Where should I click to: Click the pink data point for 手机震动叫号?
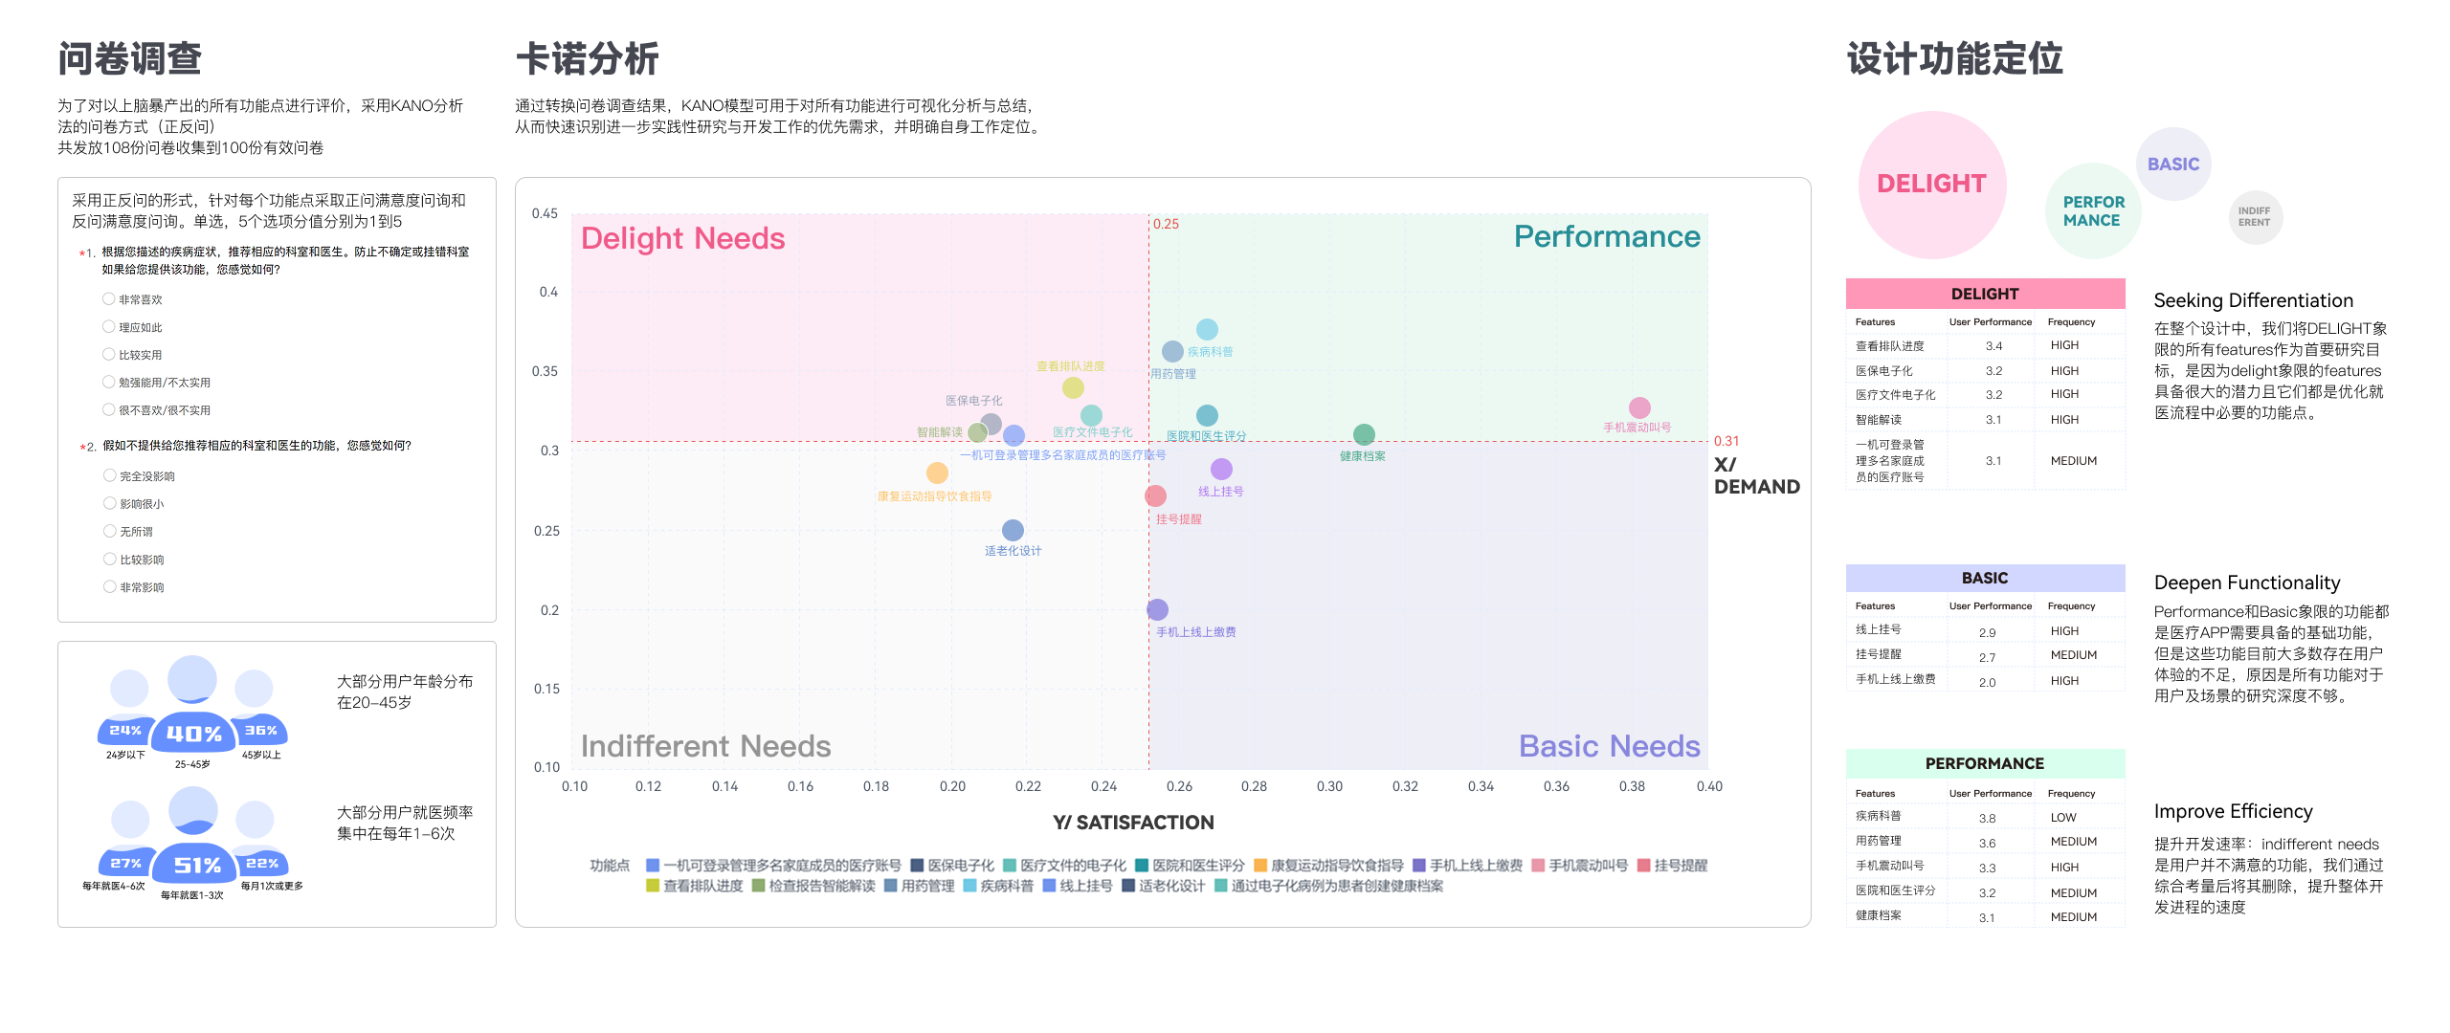[1638, 407]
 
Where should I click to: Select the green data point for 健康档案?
[1363, 435]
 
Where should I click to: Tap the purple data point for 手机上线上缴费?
[1157, 609]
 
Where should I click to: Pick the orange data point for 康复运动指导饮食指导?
[937, 473]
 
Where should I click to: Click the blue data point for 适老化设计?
[1013, 530]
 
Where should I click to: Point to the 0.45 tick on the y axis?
[545, 213]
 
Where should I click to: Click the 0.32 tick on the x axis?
[1405, 786]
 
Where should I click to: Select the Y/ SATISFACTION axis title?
[1133, 823]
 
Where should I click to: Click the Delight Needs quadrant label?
[682, 238]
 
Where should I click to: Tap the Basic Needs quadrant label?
[1609, 746]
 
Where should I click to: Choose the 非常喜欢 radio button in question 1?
[109, 299]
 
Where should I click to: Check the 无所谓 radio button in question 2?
[110, 532]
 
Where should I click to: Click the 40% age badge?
[193, 734]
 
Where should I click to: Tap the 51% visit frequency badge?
[197, 866]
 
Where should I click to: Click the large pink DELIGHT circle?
[1931, 184]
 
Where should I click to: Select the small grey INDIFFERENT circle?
[2254, 217]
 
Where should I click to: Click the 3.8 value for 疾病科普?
[1987, 819]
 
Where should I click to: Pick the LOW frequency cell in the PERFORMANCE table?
[2063, 818]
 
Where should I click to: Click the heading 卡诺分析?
[587, 59]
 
